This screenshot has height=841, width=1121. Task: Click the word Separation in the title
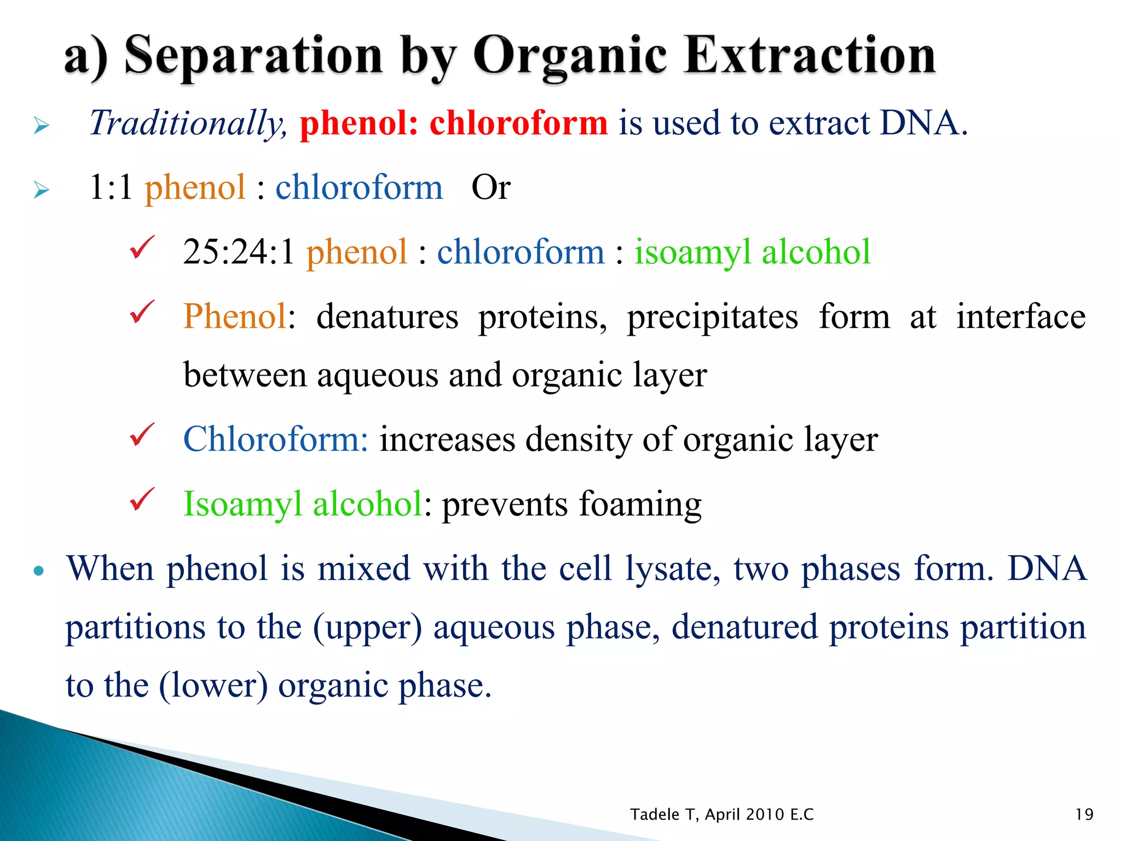[x=253, y=56]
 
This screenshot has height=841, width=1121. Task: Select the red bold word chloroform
[x=518, y=123]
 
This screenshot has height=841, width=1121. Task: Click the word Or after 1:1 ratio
[x=490, y=187]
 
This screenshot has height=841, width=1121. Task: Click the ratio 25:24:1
[x=239, y=252]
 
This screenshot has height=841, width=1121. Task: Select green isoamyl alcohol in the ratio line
[x=752, y=252]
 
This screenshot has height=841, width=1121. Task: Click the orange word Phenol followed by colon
[x=235, y=316]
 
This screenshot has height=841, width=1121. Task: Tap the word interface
[x=1021, y=316]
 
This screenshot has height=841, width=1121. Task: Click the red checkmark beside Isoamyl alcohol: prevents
[x=142, y=499]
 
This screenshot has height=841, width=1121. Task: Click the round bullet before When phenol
[x=38, y=571]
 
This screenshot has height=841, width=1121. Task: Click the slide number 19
[x=1084, y=814]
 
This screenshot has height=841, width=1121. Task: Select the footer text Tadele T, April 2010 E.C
[x=721, y=814]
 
